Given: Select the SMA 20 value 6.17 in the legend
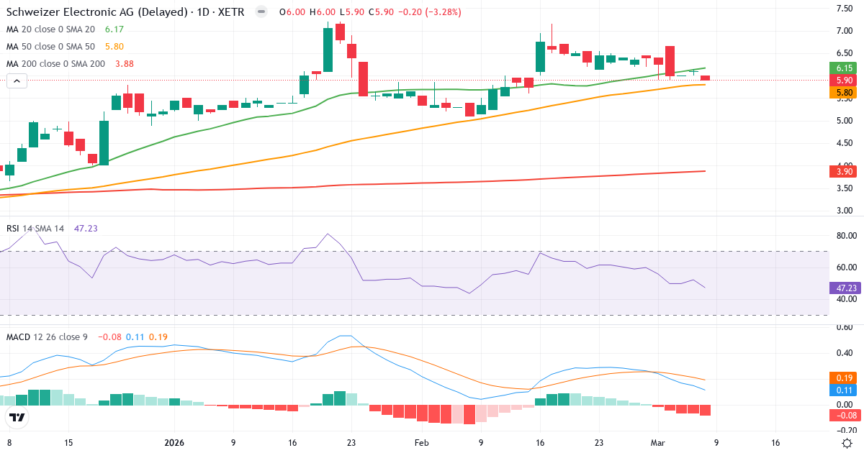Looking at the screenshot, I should click(114, 29).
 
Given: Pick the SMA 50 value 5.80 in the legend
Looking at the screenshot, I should click(114, 47).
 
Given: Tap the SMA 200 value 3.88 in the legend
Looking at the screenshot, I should click(125, 64).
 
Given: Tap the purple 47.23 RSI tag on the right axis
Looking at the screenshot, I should click(844, 288).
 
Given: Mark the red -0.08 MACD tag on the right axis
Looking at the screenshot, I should click(844, 415).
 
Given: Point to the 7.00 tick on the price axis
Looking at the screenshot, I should click(844, 31).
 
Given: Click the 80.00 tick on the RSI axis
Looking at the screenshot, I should click(844, 236).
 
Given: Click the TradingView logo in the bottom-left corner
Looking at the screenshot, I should click(17, 417).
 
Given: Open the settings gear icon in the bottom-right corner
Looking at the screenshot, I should click(848, 443).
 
